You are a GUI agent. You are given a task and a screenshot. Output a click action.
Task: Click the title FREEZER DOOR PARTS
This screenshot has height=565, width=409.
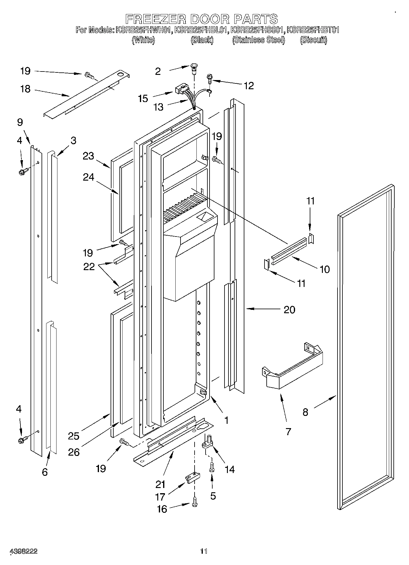(202, 19)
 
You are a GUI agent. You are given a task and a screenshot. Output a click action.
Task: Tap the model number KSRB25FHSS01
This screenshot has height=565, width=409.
(257, 30)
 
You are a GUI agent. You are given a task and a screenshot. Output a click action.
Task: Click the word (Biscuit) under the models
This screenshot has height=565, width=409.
(313, 40)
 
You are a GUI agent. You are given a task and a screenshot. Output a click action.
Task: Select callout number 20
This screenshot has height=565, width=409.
(289, 310)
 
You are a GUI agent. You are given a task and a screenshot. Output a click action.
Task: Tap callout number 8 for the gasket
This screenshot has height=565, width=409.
(305, 412)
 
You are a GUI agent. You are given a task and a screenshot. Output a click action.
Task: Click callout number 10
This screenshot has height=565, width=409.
(324, 269)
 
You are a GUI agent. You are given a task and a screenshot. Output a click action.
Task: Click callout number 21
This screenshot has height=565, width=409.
(160, 484)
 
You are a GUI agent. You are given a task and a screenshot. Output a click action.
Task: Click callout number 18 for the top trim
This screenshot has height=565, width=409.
(25, 89)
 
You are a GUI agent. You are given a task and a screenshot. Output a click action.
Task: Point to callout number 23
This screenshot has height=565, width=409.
(88, 156)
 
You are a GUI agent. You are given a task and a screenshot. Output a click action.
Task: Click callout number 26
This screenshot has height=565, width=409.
(74, 452)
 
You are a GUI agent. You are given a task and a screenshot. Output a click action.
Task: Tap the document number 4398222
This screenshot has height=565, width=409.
(24, 551)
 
